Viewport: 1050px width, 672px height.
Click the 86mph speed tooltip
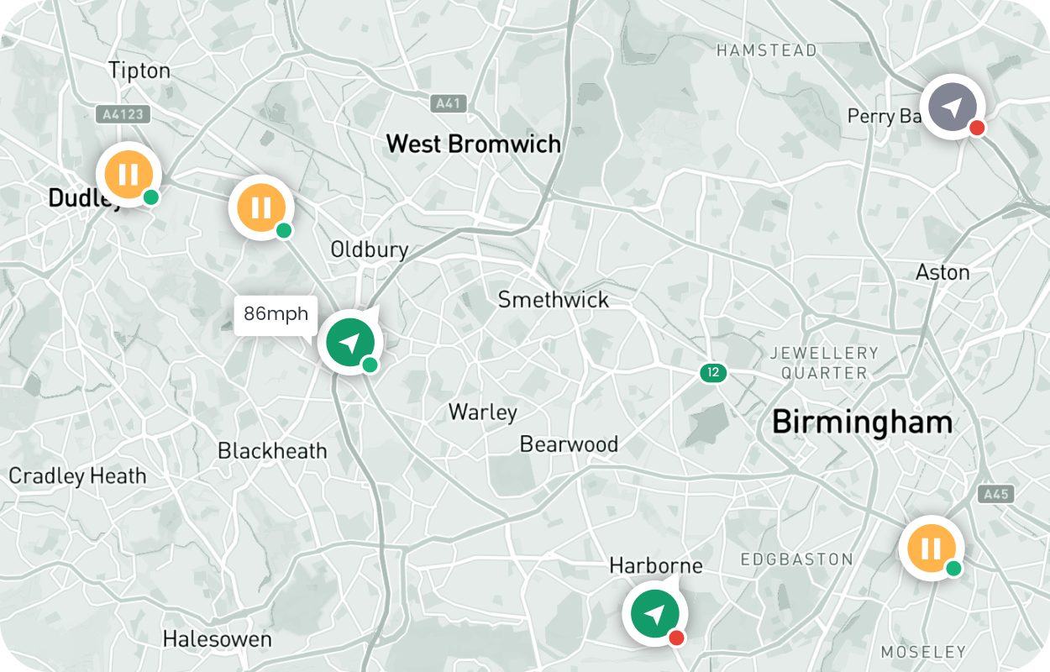276,315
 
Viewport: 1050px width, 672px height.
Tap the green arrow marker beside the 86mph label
350,342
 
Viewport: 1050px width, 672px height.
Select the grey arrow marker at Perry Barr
952,108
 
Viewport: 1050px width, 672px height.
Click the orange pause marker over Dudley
128,175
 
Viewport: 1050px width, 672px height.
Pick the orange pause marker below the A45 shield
931,549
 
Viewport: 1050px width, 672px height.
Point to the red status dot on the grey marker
976,129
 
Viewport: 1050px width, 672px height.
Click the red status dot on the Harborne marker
676,638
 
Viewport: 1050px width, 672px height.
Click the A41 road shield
447,103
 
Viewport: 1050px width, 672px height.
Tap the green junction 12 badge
713,372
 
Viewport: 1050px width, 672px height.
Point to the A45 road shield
996,494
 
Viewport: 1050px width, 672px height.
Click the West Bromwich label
473,144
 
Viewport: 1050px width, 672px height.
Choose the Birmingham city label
862,422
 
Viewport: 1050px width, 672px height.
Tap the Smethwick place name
553,300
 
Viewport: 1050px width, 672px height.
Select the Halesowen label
217,639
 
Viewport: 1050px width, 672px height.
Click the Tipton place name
139,71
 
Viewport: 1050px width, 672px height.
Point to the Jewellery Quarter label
824,362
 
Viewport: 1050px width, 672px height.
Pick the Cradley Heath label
77,476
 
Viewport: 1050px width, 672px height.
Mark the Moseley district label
923,652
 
